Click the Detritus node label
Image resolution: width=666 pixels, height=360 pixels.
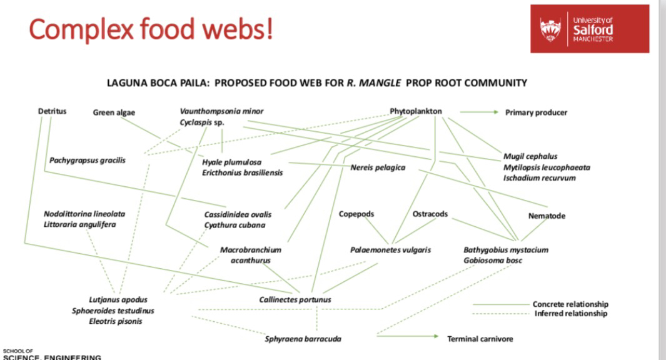point(52,111)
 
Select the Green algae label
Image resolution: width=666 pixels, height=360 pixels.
point(114,112)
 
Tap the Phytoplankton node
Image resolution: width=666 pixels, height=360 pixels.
point(416,111)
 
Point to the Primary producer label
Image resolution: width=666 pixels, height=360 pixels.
point(536,112)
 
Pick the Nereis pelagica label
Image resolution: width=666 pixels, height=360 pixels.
point(378,167)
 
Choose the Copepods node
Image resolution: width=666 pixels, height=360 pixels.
point(356,214)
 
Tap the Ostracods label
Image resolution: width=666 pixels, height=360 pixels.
point(430,214)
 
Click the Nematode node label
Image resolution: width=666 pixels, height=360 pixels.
point(547,216)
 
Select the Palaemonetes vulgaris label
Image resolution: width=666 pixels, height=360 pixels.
point(390,250)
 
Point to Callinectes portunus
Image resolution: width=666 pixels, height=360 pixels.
point(295,299)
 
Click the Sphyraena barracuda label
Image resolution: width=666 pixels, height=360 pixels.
point(303,339)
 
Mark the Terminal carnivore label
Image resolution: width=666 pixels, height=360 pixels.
point(480,339)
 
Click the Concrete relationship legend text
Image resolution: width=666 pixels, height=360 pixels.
point(570,304)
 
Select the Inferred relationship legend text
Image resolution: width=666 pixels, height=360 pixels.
point(570,313)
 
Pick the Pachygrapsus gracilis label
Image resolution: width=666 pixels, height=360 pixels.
point(88,160)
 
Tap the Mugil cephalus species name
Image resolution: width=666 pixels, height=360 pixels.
point(530,156)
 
